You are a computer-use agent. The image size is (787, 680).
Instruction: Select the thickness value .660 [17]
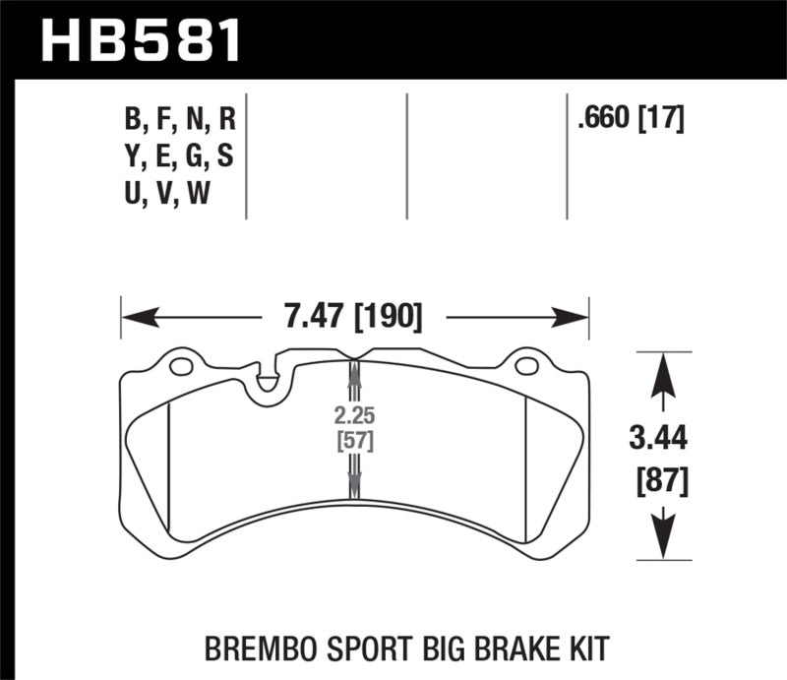pos(631,119)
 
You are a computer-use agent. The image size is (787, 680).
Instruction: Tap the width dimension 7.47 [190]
pos(354,318)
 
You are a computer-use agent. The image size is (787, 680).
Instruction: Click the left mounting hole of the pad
pos(181,368)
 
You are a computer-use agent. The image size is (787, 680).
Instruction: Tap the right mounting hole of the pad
pos(526,368)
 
